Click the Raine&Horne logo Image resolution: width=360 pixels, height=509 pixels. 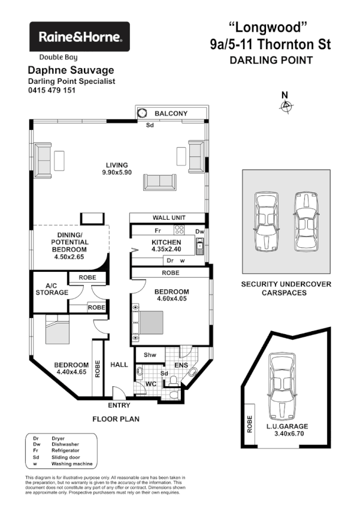pos(80,37)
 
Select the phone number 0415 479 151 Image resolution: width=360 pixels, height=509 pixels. pos(52,90)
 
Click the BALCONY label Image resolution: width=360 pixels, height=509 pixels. pos(171,113)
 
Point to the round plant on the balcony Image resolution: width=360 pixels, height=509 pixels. pos(143,113)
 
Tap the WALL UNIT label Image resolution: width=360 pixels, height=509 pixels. pos(170,217)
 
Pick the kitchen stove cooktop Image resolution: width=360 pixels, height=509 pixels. pos(179,229)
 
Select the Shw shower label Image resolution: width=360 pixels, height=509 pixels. pos(149,355)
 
